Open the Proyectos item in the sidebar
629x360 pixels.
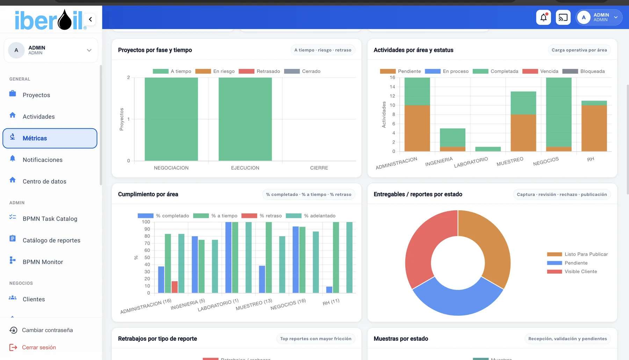(36, 95)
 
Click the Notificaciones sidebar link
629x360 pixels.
(43, 160)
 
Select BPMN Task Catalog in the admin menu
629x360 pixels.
(50, 219)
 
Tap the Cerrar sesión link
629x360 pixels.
(39, 347)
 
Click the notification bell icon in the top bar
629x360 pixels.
(543, 17)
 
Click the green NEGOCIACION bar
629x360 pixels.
(171, 119)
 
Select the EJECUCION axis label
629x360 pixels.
(245, 168)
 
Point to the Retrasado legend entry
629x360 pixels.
(259, 71)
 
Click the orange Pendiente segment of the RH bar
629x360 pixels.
(594, 128)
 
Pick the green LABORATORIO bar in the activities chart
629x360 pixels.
(488, 149)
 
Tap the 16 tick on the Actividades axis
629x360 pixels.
(392, 78)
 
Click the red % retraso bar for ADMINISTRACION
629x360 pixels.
(175, 287)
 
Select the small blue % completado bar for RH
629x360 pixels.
(329, 290)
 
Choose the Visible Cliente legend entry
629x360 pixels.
(572, 272)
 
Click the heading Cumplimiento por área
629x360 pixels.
(148, 194)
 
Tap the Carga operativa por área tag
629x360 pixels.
(579, 50)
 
